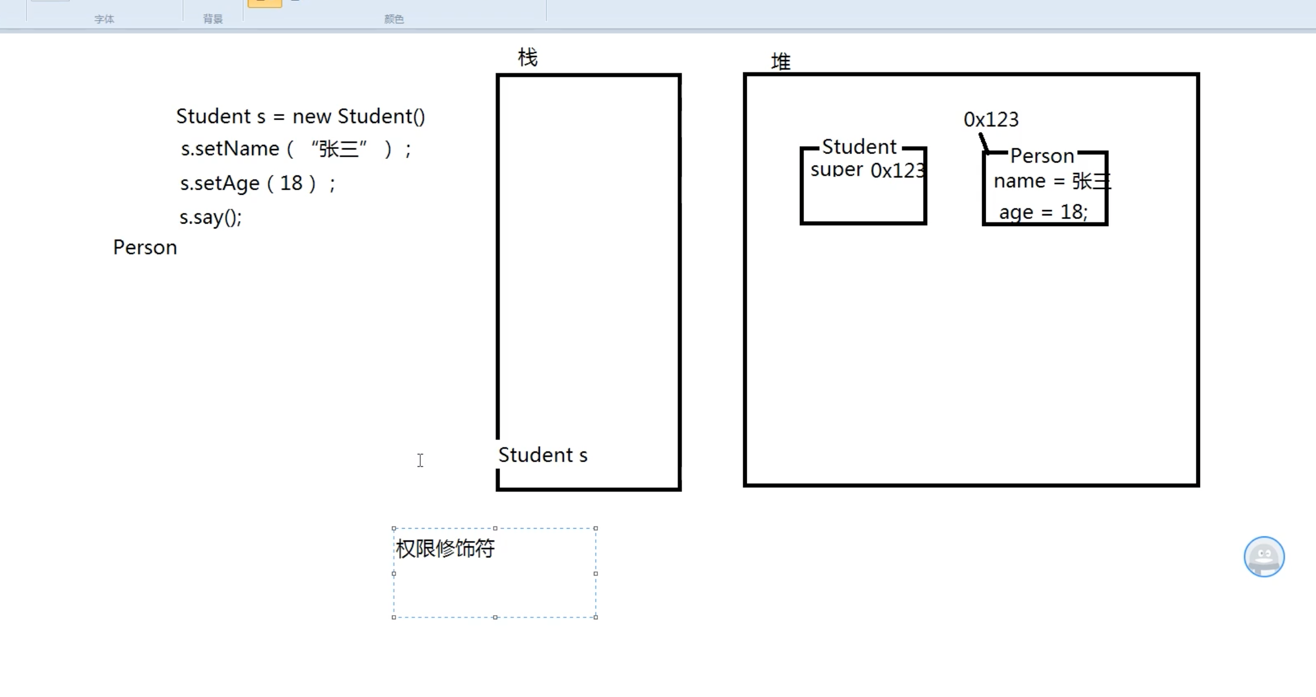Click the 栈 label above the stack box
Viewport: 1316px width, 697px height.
(527, 58)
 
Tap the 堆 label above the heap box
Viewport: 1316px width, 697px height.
(780, 61)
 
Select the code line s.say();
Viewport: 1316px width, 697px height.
(210, 217)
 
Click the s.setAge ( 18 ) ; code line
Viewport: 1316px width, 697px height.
(257, 183)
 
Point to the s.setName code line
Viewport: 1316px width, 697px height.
(295, 149)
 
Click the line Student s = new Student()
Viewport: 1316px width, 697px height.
(300, 116)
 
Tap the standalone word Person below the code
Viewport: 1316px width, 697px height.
(145, 247)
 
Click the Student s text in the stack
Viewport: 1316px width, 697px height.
(543, 455)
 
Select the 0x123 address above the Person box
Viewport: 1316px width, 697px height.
(991, 120)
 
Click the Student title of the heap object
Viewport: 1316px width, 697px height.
(859, 147)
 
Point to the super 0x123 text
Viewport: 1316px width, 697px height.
(867, 170)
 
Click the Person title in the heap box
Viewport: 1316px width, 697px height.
(1042, 156)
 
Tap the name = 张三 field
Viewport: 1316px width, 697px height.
(1051, 181)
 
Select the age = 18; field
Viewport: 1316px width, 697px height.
(1043, 212)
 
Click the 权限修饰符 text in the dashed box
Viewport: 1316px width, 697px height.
(445, 549)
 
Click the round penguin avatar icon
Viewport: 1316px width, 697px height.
(1264, 556)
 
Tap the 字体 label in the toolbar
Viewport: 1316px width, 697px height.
(104, 19)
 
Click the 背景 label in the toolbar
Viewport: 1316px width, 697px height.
(212, 19)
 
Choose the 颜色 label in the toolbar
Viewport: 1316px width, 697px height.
(394, 19)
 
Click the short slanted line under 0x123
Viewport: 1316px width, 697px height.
(983, 142)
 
